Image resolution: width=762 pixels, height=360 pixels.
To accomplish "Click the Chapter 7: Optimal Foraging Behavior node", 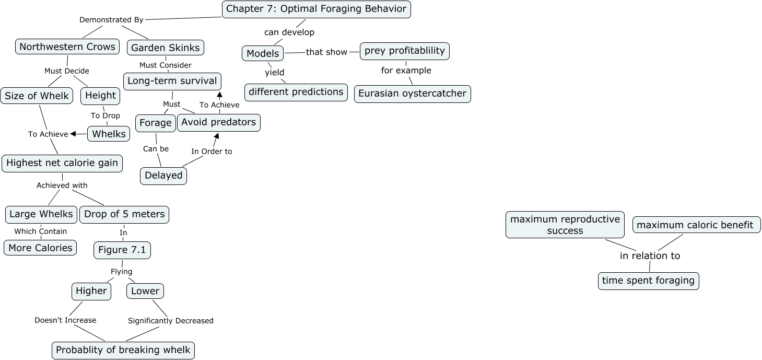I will click(x=316, y=9).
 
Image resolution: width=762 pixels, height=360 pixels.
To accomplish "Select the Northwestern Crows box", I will click(x=67, y=47).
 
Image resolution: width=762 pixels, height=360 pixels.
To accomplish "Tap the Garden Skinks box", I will click(x=165, y=48).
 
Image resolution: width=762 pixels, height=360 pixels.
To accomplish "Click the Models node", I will click(x=263, y=53).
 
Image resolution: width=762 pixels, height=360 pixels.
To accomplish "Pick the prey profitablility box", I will click(x=405, y=51).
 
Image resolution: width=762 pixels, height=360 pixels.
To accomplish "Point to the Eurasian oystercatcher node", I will click(x=412, y=94).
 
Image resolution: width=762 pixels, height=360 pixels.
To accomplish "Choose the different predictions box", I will click(x=296, y=92).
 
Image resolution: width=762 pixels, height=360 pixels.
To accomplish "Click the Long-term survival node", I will click(x=172, y=81).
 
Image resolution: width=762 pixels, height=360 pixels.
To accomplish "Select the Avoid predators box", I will click(x=218, y=122).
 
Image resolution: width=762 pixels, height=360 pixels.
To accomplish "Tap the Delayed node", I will click(x=163, y=176).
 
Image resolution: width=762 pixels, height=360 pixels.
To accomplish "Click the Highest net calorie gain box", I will click(x=62, y=163).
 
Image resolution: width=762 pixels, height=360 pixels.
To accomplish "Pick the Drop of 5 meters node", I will click(x=124, y=214).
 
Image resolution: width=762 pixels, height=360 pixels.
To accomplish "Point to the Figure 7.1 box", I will click(x=122, y=250).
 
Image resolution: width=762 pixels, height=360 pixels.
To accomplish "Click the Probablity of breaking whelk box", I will click(x=123, y=350).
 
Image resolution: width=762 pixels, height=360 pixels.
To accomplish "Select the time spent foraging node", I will click(x=648, y=281).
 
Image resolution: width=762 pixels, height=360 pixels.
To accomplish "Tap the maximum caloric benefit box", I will click(x=696, y=225).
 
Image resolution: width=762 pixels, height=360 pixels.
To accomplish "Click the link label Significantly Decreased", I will click(x=171, y=321).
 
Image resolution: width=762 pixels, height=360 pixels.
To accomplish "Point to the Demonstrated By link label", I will click(x=111, y=20).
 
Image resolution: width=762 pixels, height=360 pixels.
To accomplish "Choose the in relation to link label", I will click(x=650, y=256).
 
